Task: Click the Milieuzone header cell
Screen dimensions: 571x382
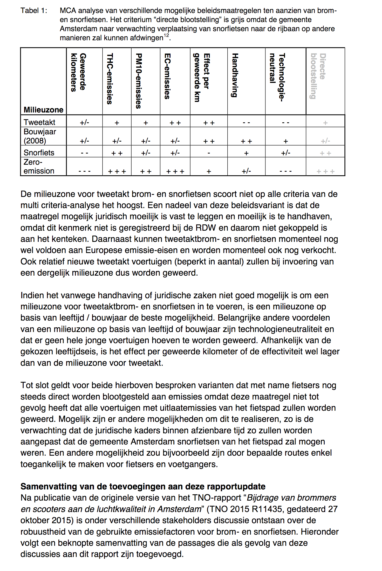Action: tap(43, 110)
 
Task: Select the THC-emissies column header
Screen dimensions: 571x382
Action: tap(110, 79)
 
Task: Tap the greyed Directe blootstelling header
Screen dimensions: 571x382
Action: tap(318, 76)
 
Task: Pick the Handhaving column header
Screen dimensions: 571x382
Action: tap(235, 75)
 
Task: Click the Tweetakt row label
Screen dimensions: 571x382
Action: tap(39, 122)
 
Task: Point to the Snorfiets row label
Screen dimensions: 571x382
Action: tap(39, 152)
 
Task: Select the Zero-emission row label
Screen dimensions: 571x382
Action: tap(39, 167)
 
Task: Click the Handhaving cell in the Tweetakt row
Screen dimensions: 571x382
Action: tap(246, 123)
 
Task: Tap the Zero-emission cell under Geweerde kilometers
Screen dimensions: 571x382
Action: tap(85, 171)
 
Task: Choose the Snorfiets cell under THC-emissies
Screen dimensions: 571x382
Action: tap(117, 153)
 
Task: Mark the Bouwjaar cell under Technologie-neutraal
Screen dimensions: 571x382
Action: tap(285, 141)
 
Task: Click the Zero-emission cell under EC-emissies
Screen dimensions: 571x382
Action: tap(175, 171)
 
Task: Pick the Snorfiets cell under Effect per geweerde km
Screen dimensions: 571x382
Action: tap(209, 153)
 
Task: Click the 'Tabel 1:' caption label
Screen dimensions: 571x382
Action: tap(34, 11)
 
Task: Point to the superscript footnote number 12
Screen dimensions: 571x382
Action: tap(166, 36)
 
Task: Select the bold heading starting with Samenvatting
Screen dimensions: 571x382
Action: tap(143, 486)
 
